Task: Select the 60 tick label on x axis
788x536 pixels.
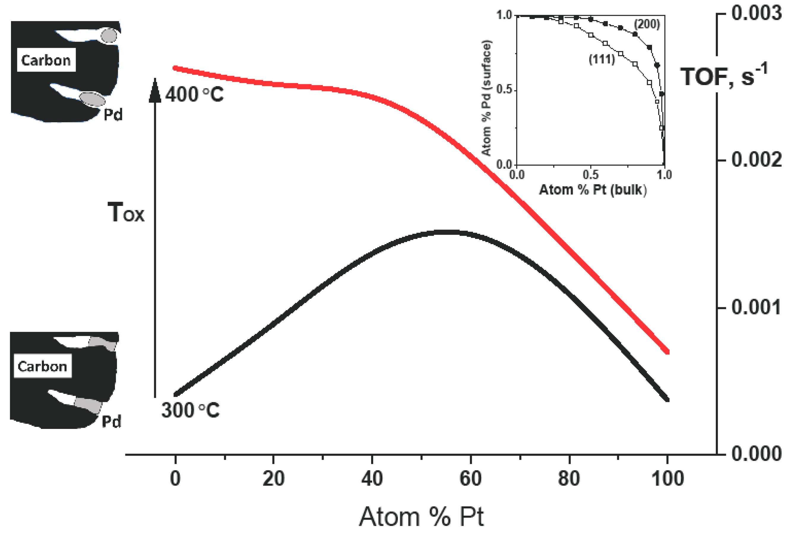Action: pos(470,479)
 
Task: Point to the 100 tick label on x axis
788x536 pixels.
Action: pos(667,479)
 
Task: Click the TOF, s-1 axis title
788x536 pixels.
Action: pos(724,76)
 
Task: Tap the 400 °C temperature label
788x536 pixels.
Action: pos(194,95)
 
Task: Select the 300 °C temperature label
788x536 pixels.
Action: pos(190,410)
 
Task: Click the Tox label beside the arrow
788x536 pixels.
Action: pos(126,213)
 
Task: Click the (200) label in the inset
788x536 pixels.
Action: pos(647,24)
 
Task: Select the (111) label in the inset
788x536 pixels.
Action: pos(602,60)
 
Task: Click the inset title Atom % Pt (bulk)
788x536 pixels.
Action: pos(593,190)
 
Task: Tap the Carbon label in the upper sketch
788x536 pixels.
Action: pos(46,60)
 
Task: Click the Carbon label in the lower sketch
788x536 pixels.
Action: pos(42,366)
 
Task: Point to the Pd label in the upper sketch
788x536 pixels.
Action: pos(113,115)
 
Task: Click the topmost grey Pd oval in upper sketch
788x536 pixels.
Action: pos(109,36)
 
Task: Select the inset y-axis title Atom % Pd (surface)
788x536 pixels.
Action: pos(487,98)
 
